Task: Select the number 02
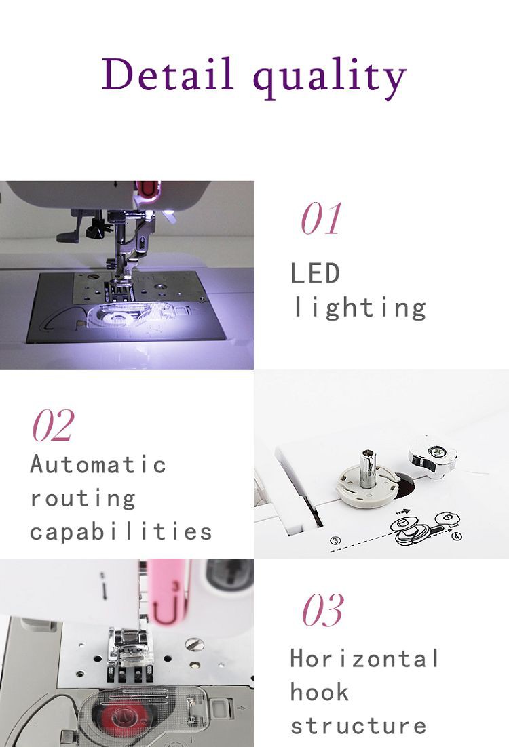tap(53, 426)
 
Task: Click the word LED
tap(315, 274)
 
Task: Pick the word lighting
tap(359, 308)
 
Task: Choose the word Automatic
tap(98, 464)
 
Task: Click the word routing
tap(83, 498)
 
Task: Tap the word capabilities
tap(121, 531)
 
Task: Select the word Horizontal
tap(364, 658)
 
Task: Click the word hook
tap(320, 692)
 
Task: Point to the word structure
tap(358, 725)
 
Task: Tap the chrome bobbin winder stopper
tap(432, 455)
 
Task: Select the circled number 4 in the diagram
tap(457, 536)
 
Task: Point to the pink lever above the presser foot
tap(167, 590)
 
